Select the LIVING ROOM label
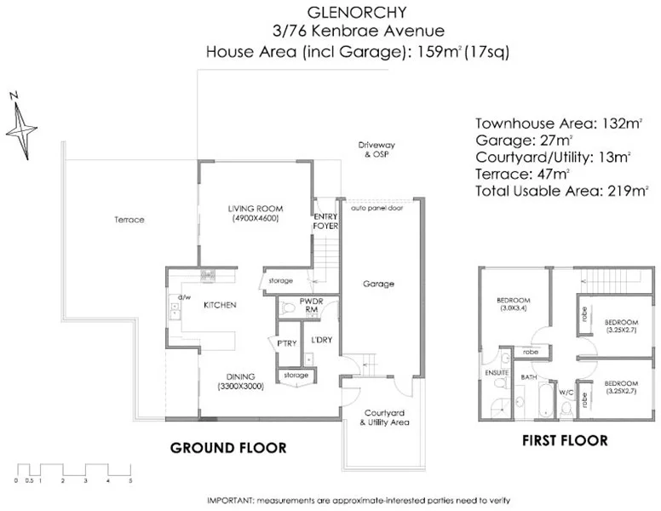click(x=255, y=213)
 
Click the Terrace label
click(x=129, y=220)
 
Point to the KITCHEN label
click(x=219, y=304)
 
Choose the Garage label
click(x=378, y=284)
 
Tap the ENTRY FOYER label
click(x=325, y=221)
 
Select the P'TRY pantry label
click(x=285, y=343)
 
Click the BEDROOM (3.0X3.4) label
click(x=514, y=304)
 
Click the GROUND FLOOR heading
click(x=228, y=448)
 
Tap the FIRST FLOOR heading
click(x=566, y=440)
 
